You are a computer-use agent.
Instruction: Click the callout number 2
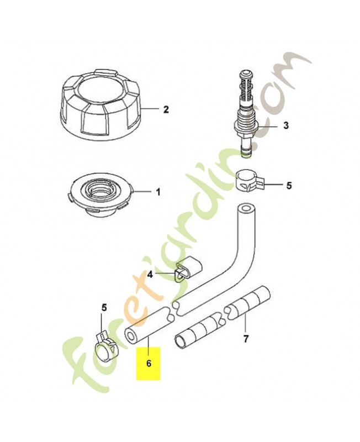click(166, 109)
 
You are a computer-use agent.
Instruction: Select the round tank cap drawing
click(101, 104)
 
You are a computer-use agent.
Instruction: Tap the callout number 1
click(158, 192)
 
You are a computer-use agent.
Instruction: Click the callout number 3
click(286, 125)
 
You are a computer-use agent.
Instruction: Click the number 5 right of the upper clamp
click(289, 186)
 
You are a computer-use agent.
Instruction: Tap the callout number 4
click(150, 274)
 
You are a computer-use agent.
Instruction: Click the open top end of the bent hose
click(247, 209)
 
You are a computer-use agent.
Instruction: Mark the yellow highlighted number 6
click(149, 364)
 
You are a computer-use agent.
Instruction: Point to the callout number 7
click(246, 339)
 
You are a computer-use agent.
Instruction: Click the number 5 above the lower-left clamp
click(104, 308)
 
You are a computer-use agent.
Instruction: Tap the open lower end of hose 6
click(131, 336)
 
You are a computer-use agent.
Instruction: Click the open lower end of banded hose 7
click(181, 341)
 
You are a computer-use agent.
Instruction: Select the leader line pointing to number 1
click(143, 192)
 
